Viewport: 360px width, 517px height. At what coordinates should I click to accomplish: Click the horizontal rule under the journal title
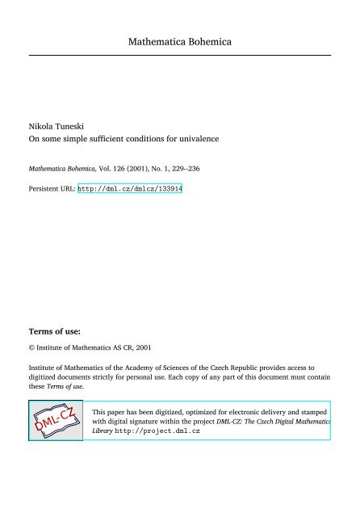click(180, 55)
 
